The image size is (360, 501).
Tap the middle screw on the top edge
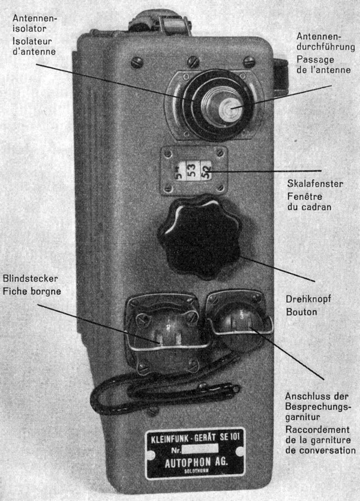coord(193,61)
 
